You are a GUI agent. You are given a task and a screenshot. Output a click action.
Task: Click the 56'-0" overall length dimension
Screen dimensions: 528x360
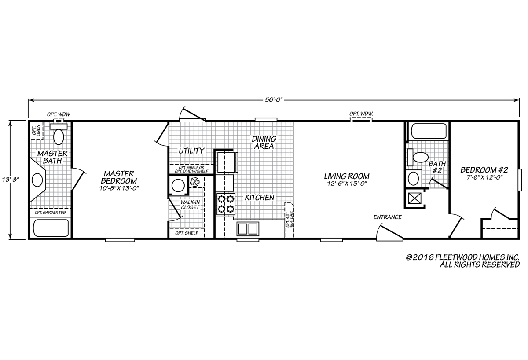coord(274,100)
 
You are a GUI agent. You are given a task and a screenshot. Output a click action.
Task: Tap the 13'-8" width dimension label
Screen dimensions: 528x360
coord(11,180)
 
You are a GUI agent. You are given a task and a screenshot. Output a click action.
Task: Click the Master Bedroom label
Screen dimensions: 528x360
coord(119,177)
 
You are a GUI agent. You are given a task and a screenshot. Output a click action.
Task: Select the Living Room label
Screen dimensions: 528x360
coord(347,176)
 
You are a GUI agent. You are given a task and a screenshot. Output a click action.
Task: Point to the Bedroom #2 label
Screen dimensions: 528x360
coord(484,170)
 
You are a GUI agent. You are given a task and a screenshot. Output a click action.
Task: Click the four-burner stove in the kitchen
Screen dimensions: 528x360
coord(226,204)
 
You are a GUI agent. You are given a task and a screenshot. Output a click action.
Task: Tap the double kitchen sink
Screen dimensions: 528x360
coord(248,229)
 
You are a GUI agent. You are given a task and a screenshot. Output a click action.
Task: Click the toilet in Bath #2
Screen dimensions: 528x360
coord(418,157)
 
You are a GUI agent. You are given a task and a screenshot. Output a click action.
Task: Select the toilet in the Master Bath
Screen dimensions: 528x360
coord(59,134)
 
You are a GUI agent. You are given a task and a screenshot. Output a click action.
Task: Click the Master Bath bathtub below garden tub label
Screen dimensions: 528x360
coord(51,228)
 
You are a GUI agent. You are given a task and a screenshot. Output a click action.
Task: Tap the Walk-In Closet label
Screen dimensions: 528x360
coord(190,205)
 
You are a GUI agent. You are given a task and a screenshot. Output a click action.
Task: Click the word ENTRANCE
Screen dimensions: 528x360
coord(388,217)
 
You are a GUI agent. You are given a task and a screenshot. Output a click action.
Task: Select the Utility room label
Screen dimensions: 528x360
coord(191,151)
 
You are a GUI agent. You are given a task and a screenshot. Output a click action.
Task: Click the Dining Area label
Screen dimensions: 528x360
coord(264,143)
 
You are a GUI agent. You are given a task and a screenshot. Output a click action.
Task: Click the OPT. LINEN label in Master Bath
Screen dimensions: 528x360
coord(37,130)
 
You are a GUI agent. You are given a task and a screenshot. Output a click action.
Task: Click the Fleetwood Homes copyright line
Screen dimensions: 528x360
coord(462,257)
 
